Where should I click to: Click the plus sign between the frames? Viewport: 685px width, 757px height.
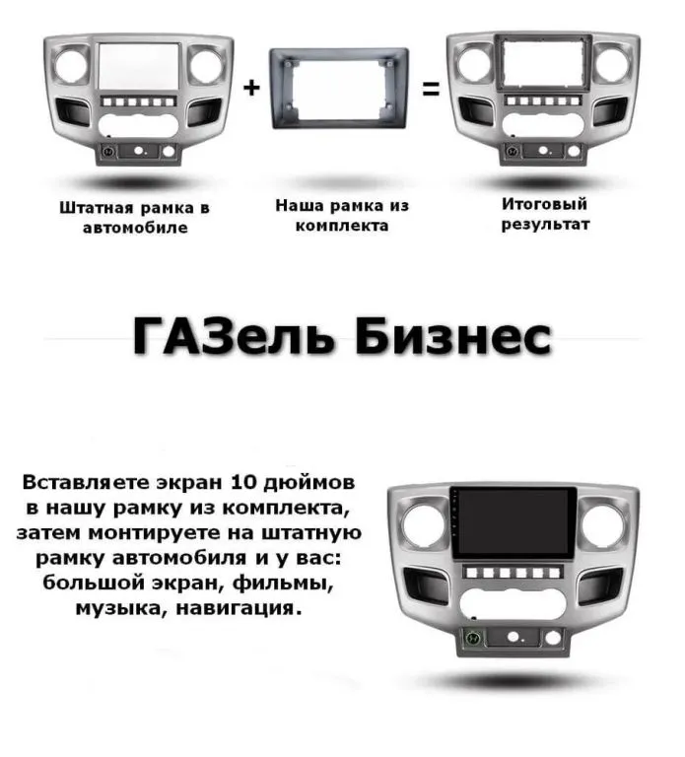251,88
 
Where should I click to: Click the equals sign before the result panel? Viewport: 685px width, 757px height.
431,89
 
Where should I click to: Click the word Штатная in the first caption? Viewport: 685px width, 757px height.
96,208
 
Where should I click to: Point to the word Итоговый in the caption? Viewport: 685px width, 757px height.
544,204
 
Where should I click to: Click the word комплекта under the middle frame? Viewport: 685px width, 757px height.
342,226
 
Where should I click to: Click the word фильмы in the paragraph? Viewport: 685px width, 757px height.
283,584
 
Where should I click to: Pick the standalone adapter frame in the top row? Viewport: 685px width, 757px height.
339,89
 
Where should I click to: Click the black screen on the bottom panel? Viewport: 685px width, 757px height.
514,522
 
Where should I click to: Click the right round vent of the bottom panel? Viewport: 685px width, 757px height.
604,524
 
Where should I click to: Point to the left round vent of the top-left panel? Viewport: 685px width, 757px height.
71,65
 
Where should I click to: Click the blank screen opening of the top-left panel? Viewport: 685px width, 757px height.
140,66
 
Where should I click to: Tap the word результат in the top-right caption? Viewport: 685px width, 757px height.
545,225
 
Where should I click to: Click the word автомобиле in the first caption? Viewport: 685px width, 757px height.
135,228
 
